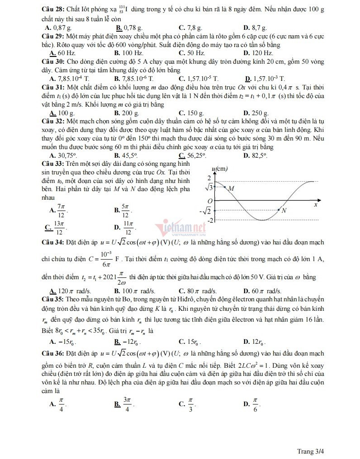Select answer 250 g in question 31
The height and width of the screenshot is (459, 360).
[x=259, y=112]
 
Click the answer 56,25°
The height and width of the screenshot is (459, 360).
[x=195, y=155]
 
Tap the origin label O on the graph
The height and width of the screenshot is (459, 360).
[x=209, y=201]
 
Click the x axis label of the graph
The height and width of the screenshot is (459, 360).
[x=315, y=204]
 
